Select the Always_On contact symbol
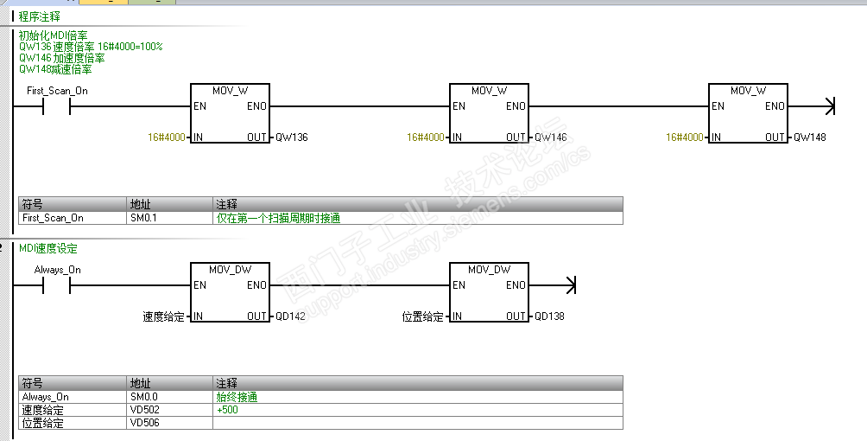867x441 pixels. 57,285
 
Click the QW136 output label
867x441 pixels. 292,137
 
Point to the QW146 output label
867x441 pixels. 551,137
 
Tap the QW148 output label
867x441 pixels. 810,137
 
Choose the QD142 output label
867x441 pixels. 291,316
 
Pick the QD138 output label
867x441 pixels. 550,316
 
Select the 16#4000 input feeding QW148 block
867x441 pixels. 685,137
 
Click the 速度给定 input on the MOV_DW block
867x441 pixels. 163,316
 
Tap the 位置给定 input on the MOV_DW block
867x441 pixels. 422,316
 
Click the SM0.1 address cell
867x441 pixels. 143,218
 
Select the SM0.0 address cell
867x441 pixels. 143,397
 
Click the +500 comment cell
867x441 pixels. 228,410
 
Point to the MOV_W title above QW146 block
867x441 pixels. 489,91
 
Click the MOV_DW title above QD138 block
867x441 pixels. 489,270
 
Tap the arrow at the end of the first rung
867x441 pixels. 830,106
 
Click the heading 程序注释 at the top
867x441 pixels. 40,16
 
